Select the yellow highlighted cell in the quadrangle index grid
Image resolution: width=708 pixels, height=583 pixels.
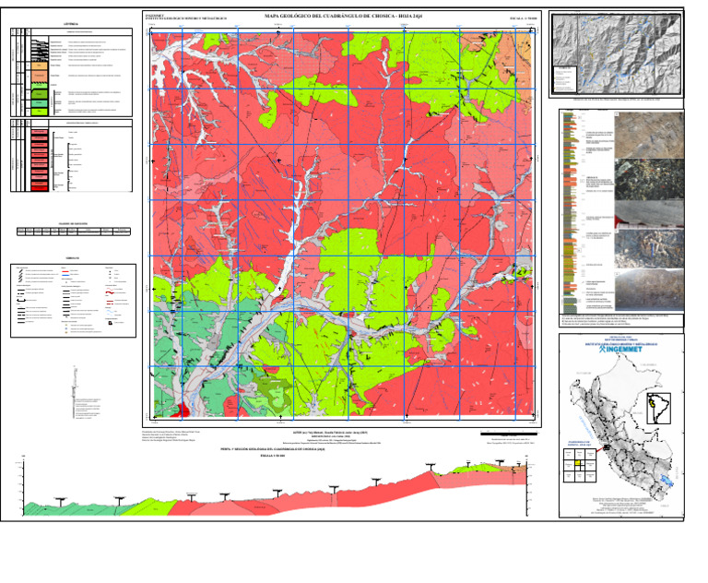578,464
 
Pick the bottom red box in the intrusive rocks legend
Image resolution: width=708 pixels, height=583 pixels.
40,185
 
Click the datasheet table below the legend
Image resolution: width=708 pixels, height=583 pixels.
73,231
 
